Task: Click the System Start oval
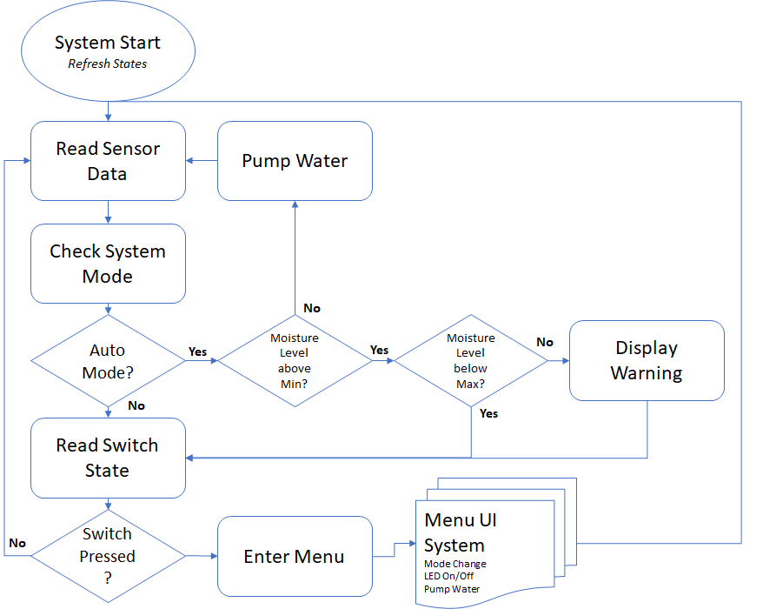tap(108, 51)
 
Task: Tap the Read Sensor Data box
tap(108, 161)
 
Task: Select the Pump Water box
tap(295, 161)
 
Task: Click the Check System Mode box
tap(108, 264)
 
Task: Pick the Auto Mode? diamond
tap(108, 361)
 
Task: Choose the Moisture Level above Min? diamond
tap(295, 361)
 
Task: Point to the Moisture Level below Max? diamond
tap(471, 361)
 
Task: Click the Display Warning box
tap(647, 360)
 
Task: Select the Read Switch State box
tap(108, 458)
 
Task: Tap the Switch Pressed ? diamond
tap(108, 555)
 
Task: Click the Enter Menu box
tap(295, 557)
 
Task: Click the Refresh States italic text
tap(108, 64)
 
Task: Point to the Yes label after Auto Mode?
tap(198, 351)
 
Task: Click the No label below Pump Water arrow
tap(311, 308)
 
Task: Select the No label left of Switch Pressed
tap(17, 543)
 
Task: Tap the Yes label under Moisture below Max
tap(488, 413)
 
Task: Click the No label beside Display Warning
tap(545, 342)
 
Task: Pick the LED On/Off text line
tap(450, 577)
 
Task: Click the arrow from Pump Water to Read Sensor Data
tap(202, 161)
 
